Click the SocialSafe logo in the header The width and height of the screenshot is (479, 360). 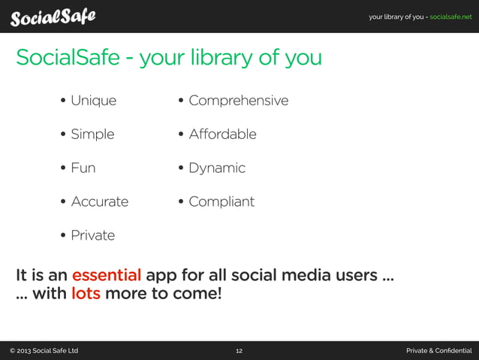coord(53,16)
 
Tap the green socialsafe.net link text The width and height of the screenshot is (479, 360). coord(450,17)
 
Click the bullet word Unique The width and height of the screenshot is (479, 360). coord(93,100)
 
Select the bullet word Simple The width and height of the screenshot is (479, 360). coord(92,135)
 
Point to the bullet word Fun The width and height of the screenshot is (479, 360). coord(83,168)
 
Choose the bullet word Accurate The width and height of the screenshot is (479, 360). coord(99,201)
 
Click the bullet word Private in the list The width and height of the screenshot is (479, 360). coord(92,235)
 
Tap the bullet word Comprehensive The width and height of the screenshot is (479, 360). coord(238,100)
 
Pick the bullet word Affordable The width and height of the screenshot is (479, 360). coord(222,134)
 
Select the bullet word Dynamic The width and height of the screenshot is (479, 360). coord(217,168)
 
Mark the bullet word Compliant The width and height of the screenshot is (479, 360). coord(221,201)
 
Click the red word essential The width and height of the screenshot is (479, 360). coord(106,274)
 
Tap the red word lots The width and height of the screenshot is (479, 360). coord(86,293)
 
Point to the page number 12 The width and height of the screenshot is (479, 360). coord(239,351)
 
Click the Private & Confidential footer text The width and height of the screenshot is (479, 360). coord(438,351)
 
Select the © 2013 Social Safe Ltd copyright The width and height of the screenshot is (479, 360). coord(44,351)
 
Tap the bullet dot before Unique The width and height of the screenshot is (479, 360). coord(63,101)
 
